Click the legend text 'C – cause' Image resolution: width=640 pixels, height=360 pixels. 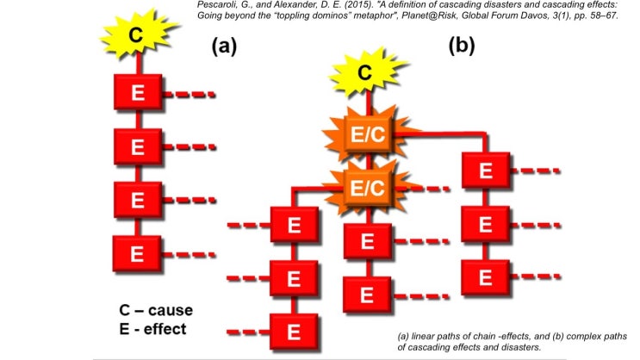click(x=156, y=310)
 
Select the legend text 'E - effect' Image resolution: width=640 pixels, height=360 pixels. click(x=153, y=328)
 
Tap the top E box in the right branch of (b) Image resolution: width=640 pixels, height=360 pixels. click(x=485, y=170)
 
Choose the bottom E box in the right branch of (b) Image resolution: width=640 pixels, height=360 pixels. click(x=485, y=277)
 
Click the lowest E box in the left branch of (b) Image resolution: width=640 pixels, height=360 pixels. click(x=294, y=332)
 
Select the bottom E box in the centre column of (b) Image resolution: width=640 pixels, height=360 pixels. click(x=366, y=294)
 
